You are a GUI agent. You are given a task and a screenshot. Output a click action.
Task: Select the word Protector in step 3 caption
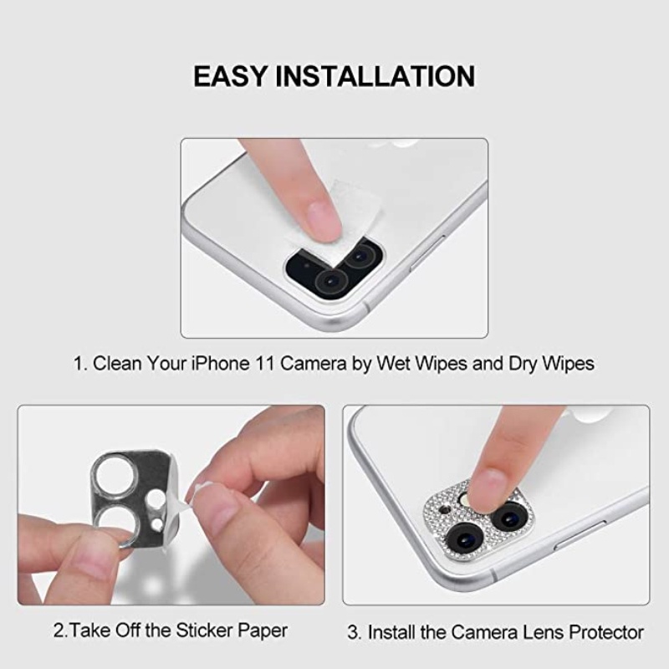click(602, 631)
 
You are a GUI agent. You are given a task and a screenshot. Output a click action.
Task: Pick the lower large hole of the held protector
click(111, 522)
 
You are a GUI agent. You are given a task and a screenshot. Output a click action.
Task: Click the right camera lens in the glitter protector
click(507, 517)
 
